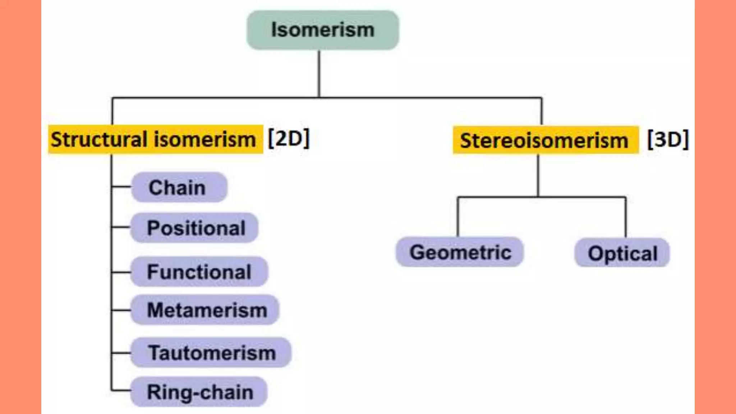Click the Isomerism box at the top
(x=322, y=30)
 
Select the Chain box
(x=179, y=187)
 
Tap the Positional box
(x=194, y=228)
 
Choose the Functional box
(x=199, y=272)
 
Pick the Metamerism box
(x=205, y=310)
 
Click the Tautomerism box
(x=211, y=353)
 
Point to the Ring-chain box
(x=199, y=392)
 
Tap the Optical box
(x=622, y=253)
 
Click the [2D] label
(x=289, y=139)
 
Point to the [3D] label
(x=668, y=139)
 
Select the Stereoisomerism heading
(x=545, y=140)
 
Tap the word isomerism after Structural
(x=205, y=139)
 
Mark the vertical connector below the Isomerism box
(x=319, y=74)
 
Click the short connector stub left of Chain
(x=121, y=187)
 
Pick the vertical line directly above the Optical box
(x=625, y=217)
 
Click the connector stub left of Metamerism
(x=121, y=310)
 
